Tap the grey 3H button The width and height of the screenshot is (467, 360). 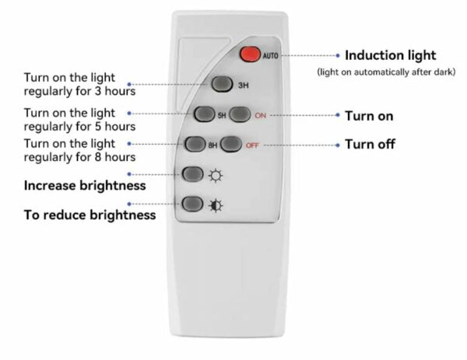219,84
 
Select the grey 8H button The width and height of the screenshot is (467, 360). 196,145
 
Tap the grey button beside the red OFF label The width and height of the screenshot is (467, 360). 230,145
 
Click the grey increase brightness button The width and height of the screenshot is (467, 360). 192,175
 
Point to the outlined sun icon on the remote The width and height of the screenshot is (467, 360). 215,175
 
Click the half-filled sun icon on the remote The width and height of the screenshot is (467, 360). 215,205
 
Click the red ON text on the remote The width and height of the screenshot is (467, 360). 261,115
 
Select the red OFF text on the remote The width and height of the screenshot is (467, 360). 252,145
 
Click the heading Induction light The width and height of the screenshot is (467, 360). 390,55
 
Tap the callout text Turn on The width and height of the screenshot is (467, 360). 369,116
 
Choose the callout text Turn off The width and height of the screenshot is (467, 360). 370,145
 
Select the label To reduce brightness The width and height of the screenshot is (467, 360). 90,215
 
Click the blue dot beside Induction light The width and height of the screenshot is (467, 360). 337,55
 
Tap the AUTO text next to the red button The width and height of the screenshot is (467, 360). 270,56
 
